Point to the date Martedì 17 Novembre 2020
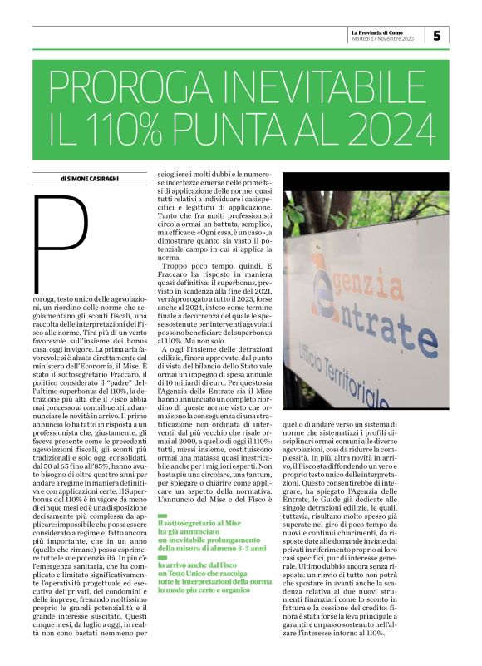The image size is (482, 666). pos(382,39)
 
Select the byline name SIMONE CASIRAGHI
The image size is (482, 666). pos(91,178)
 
